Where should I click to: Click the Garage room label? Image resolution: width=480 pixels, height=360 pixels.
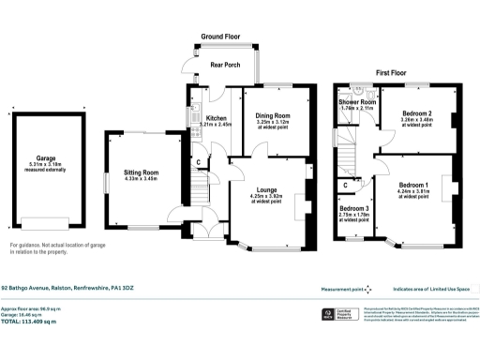pyautogui.click(x=45, y=159)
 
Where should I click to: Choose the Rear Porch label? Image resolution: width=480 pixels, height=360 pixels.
pyautogui.click(x=226, y=65)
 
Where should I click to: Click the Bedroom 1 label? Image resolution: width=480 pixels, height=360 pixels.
pyautogui.click(x=412, y=186)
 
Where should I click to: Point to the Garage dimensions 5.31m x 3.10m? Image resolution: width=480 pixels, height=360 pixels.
pyautogui.click(x=45, y=167)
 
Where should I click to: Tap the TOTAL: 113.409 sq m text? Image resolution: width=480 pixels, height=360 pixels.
pyautogui.click(x=29, y=322)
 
